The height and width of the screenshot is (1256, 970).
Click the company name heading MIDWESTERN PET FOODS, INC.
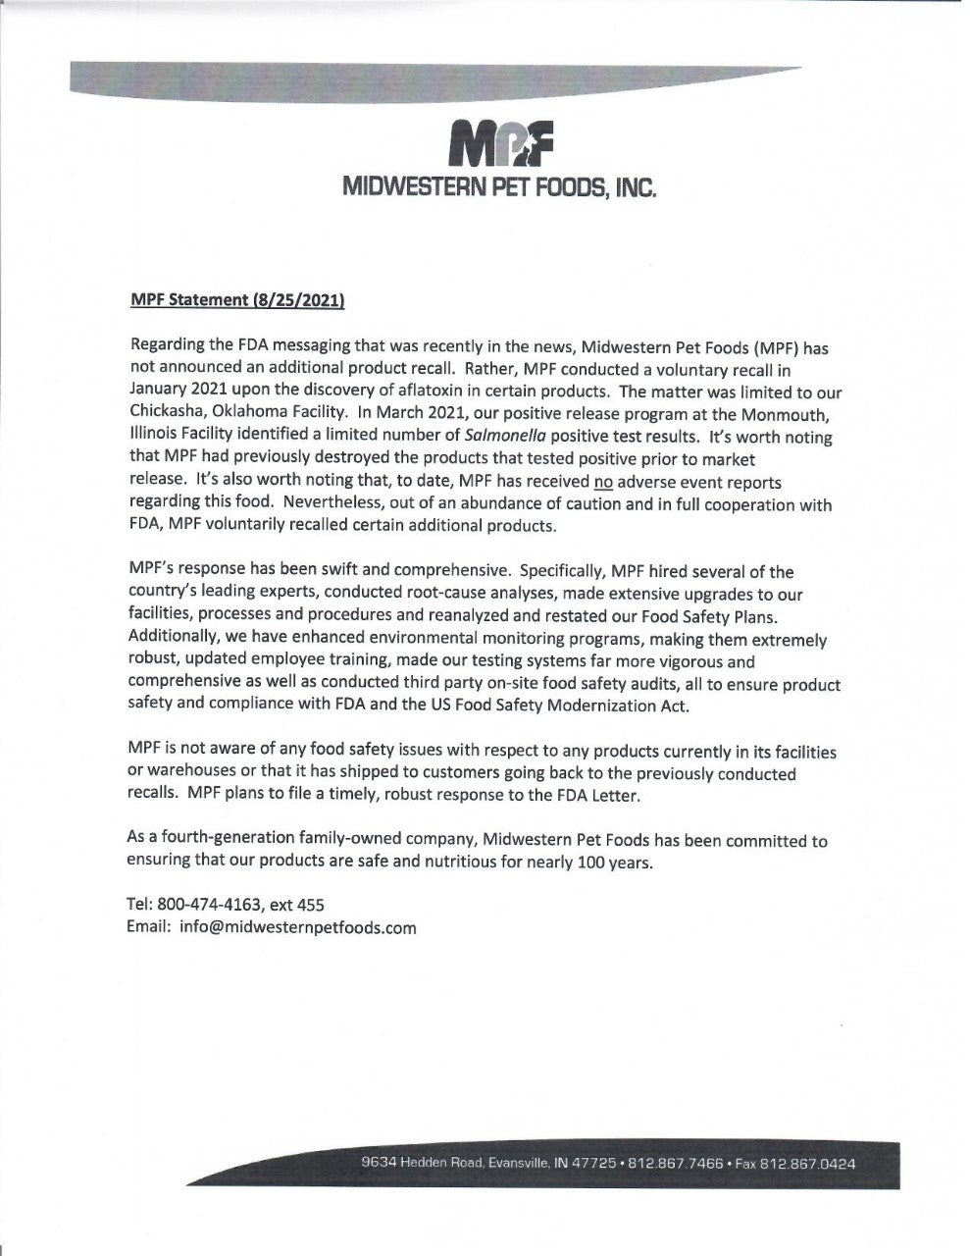[498, 187]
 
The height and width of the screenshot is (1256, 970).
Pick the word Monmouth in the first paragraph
[791, 413]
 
